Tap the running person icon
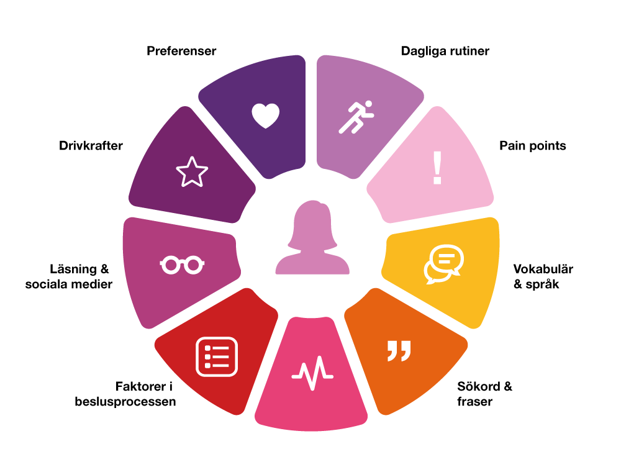[356, 116]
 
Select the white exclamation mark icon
[437, 169]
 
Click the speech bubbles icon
[443, 264]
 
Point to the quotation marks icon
[399, 350]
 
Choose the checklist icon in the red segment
[217, 356]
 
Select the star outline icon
[192, 172]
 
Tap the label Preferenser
[181, 52]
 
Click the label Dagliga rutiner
[445, 52]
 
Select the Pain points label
[533, 146]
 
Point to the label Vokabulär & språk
[543, 277]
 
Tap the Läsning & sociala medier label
[68, 277]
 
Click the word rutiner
[469, 52]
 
